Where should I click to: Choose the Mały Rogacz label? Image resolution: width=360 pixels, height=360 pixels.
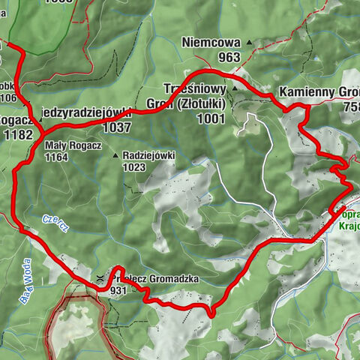tap(67, 145)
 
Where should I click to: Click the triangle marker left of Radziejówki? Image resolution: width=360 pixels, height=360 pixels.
tap(115, 156)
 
